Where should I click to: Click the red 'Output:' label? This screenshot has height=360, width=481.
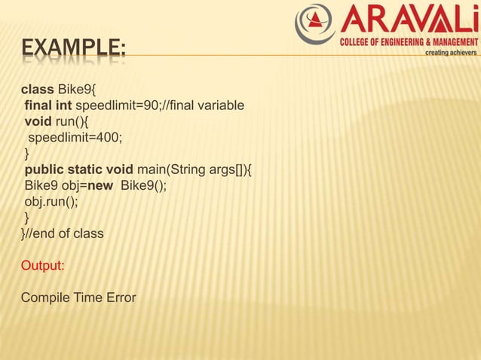[x=42, y=266]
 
